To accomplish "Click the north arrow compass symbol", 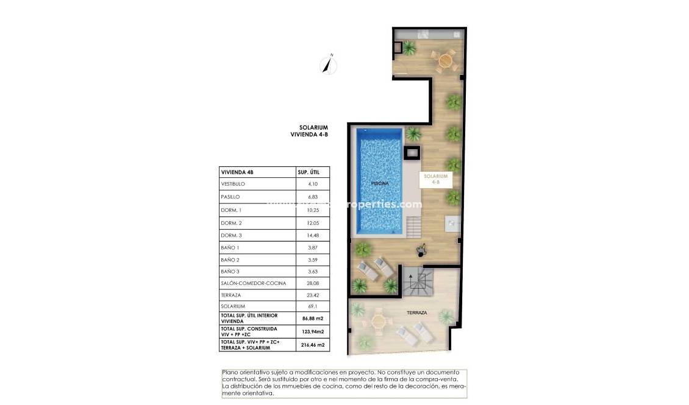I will tap(329, 64).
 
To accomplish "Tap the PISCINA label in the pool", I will tap(380, 183).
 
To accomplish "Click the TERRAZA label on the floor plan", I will tap(417, 312).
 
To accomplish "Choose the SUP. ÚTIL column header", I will tap(308, 172).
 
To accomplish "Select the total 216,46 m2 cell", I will tap(313, 345).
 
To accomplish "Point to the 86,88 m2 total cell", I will tap(313, 318).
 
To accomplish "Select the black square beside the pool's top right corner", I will tap(413, 153).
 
